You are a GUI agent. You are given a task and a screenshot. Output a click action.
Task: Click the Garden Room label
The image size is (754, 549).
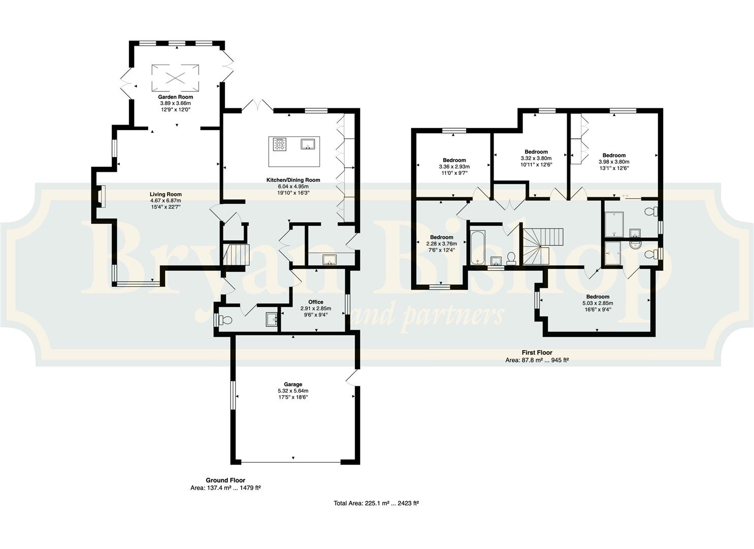[x=175, y=97]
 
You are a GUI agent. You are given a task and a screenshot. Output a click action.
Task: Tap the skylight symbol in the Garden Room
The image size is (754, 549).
[x=175, y=78]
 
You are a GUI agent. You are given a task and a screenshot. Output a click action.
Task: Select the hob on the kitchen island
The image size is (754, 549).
[x=279, y=143]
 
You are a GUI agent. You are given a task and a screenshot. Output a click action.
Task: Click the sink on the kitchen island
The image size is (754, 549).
[x=308, y=143]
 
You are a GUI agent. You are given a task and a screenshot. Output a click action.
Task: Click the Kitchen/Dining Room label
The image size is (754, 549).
[x=293, y=180]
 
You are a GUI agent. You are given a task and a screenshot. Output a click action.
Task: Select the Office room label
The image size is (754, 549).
[x=316, y=302]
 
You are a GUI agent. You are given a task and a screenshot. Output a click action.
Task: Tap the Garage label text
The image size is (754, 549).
[x=293, y=384]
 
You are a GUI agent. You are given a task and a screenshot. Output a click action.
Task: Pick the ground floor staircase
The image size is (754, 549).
[x=236, y=255]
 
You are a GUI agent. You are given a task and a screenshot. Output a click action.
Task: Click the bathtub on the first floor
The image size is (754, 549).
[x=477, y=248]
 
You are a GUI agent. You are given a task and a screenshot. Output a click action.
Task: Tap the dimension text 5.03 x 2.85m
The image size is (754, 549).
[x=598, y=303]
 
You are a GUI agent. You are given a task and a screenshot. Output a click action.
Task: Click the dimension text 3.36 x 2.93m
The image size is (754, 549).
[x=454, y=167]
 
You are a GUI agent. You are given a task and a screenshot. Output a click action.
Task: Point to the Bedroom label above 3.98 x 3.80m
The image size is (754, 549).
[x=614, y=156]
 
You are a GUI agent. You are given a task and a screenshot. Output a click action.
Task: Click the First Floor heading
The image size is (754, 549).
[x=537, y=352]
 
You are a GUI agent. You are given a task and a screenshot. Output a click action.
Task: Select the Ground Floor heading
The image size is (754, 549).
[x=225, y=480]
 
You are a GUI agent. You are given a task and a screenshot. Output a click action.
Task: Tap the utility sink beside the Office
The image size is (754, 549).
[x=329, y=259]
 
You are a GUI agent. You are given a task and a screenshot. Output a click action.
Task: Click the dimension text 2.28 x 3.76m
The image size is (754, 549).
[x=442, y=243]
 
